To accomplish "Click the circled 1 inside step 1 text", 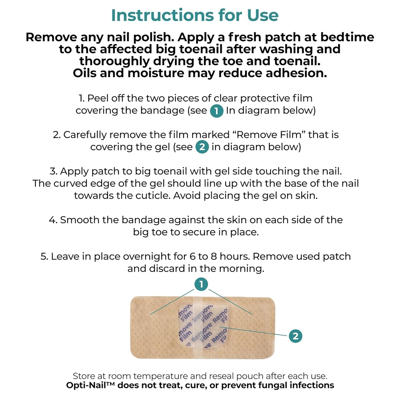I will click(217, 111).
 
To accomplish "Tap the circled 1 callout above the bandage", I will click(201, 285).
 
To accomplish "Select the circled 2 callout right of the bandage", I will click(295, 336).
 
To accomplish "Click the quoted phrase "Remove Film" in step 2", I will click(266, 135).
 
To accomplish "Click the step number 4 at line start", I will click(53, 220).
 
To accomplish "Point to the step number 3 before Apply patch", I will click(53, 171).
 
